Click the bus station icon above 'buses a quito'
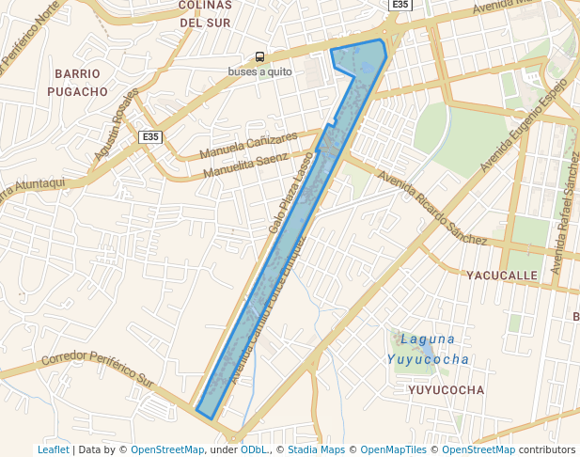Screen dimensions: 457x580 [259, 57]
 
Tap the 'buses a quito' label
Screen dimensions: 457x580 [259, 71]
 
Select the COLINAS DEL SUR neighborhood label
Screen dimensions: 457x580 [204, 13]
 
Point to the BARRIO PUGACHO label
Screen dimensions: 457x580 [80, 83]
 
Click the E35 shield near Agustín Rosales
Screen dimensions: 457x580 [149, 137]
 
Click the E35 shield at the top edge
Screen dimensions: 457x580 [400, 5]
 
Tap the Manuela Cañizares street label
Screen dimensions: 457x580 [248, 146]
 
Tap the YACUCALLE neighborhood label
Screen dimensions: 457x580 [502, 276]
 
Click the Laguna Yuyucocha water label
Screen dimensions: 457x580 [428, 349]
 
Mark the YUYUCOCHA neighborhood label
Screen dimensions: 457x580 [447, 389]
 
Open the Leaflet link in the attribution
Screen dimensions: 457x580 [53, 450]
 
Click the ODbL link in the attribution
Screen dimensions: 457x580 [254, 450]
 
